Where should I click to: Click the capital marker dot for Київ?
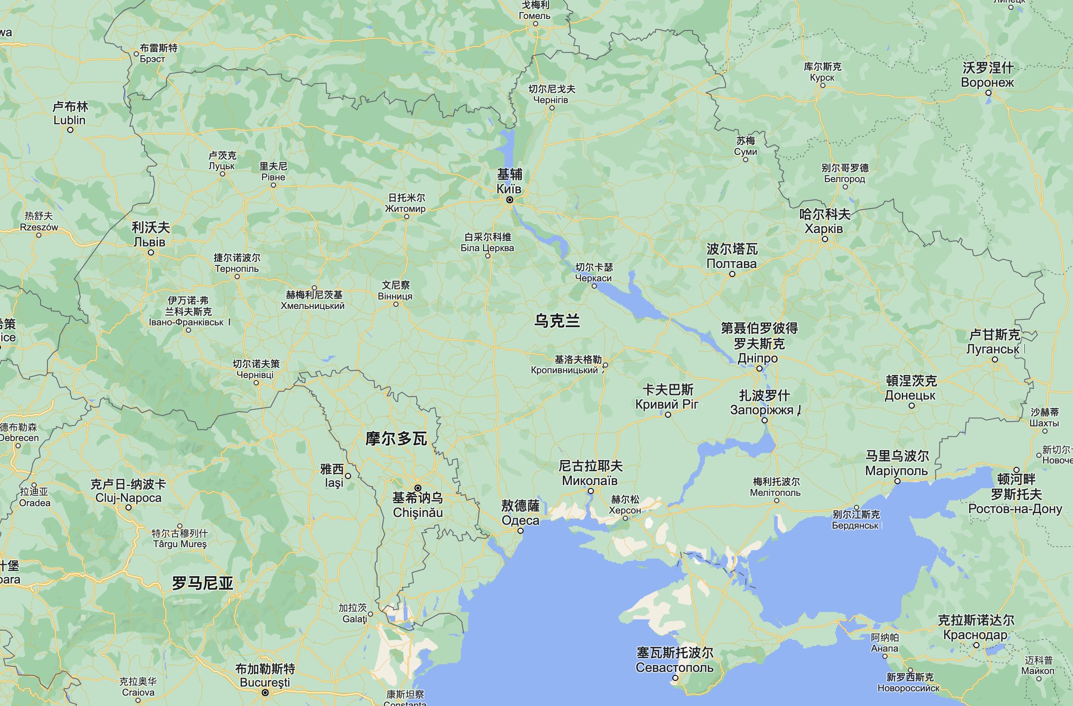509,200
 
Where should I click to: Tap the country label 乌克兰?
557,321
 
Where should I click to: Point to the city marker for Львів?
151,252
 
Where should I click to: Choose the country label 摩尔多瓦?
396,438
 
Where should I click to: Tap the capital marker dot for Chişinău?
418,488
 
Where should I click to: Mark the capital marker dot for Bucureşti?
266,693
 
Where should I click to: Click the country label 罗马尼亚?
203,583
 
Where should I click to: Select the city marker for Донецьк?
911,406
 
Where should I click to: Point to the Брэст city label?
152,59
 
